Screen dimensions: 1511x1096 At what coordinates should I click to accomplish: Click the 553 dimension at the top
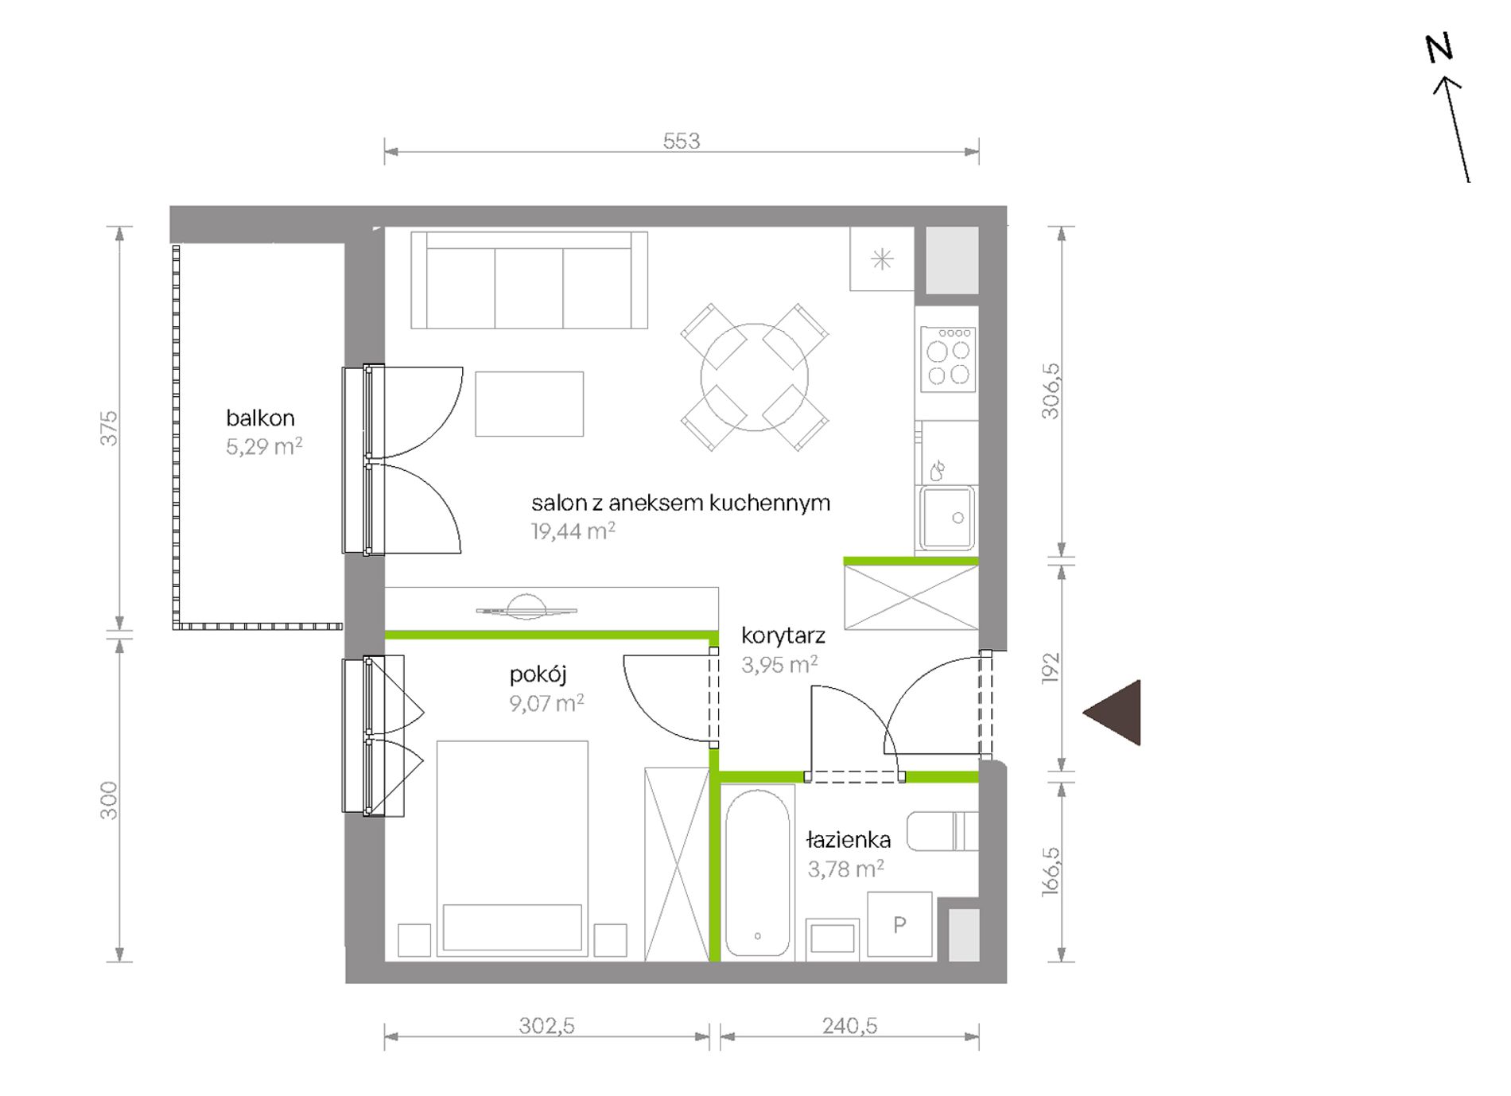682,141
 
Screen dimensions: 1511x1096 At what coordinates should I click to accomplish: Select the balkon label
260,418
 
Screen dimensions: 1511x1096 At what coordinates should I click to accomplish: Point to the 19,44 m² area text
573,531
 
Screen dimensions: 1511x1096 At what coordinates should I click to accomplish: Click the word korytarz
783,636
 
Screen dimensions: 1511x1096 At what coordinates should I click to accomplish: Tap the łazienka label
848,839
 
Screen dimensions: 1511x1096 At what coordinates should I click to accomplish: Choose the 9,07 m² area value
547,703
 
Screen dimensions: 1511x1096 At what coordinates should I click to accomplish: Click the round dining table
754,377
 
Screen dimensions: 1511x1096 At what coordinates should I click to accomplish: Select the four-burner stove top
948,360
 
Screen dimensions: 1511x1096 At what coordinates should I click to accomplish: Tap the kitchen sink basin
947,517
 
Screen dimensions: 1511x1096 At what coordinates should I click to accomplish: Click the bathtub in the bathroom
757,872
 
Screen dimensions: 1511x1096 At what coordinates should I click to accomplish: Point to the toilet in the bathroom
942,831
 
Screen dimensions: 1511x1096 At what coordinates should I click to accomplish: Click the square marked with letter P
899,924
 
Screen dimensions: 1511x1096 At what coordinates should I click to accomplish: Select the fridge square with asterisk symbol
882,259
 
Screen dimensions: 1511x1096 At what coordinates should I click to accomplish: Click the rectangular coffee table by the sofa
530,404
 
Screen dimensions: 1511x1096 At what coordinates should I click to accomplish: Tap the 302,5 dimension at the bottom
547,1026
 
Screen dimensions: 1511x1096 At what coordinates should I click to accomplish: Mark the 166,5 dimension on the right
1050,872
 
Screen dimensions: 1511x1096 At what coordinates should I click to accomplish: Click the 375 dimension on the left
108,428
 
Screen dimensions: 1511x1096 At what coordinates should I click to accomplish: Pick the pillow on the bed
512,927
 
